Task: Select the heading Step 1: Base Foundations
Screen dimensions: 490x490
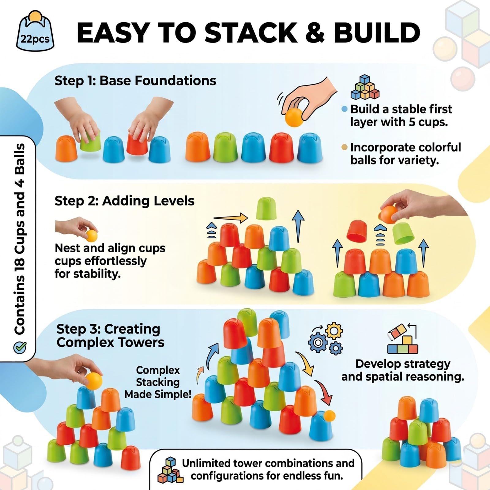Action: pyautogui.click(x=135, y=81)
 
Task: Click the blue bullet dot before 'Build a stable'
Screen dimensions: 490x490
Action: pyautogui.click(x=345, y=109)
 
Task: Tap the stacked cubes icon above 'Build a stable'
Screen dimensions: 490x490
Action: pyautogui.click(x=365, y=87)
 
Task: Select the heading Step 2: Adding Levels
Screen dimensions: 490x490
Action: pyautogui.click(x=124, y=201)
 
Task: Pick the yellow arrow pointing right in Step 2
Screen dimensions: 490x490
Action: pyautogui.click(x=231, y=218)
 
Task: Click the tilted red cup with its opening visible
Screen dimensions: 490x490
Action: pyautogui.click(x=357, y=230)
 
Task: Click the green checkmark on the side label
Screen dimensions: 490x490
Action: pyautogui.click(x=20, y=347)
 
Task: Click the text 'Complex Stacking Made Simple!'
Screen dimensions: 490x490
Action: pyautogui.click(x=158, y=382)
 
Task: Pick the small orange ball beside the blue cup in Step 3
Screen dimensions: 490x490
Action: pyautogui.click(x=329, y=416)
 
